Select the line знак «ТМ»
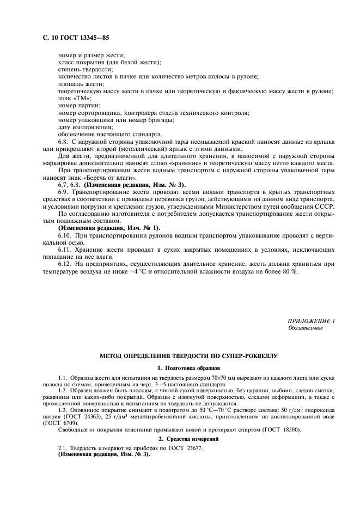point(75,98)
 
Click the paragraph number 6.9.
point(64,191)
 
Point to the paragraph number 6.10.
point(66,234)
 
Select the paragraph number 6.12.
point(66,264)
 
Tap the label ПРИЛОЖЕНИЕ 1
point(312,321)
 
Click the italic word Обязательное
point(306,328)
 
